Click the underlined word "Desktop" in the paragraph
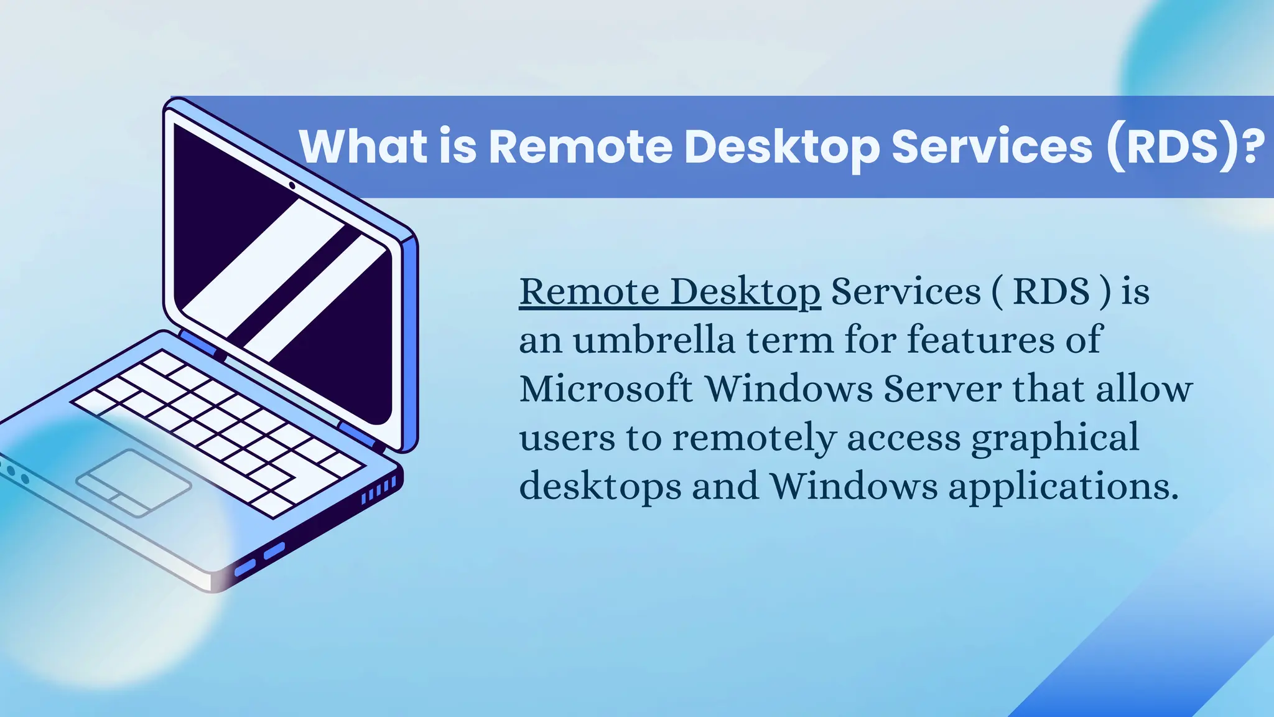click(745, 291)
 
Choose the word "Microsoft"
click(606, 388)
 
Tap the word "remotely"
click(754, 437)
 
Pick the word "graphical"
click(1055, 437)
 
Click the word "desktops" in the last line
click(600, 485)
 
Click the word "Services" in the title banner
click(992, 147)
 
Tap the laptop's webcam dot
click(292, 185)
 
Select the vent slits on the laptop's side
click(379, 491)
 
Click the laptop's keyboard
click(218, 429)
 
